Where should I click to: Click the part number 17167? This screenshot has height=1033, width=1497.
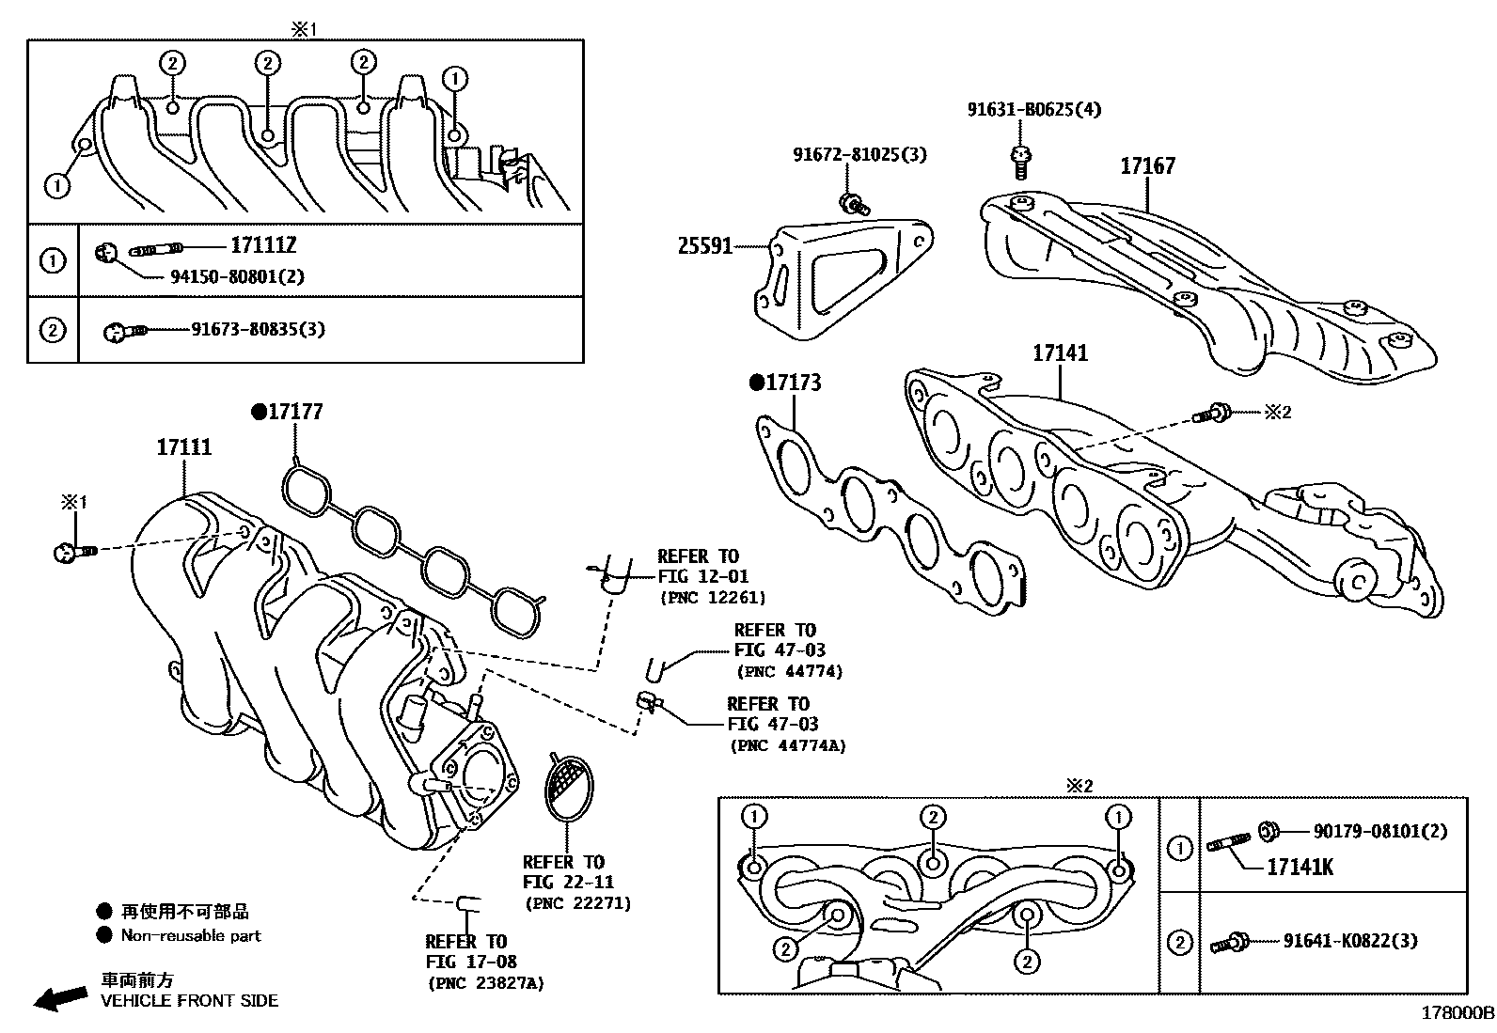pos(1147,166)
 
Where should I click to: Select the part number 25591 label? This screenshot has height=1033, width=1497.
pos(705,247)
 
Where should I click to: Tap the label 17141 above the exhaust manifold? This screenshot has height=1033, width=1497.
pos(1060,353)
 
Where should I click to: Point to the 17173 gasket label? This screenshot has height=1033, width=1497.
pos(793,383)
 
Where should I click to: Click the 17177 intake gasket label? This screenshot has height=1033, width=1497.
pos(295,412)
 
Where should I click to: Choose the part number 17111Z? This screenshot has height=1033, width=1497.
pos(263,246)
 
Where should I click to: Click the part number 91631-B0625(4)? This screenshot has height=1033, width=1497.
pos(1034,109)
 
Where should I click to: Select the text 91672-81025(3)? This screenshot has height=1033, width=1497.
pos(859,154)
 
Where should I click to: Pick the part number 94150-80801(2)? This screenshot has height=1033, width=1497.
pos(237,276)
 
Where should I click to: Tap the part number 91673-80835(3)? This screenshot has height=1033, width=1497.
pos(258,330)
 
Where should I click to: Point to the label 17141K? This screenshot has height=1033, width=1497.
pos(1300,867)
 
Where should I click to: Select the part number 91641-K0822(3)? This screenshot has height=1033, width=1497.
pos(1350,941)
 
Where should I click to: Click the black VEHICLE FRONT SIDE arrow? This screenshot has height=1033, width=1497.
pos(58,998)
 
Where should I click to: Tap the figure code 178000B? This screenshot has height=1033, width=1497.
pos(1457,1013)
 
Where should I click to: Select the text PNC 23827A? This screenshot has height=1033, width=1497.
pos(486,983)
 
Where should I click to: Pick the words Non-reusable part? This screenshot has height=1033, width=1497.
pos(191,935)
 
